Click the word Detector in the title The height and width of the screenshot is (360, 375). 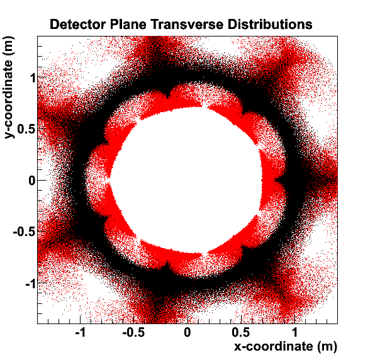(78, 25)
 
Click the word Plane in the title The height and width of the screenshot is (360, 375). (128, 25)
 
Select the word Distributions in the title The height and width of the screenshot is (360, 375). (270, 25)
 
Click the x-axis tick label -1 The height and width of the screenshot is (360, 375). (81, 332)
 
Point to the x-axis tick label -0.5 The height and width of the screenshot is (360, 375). (133, 332)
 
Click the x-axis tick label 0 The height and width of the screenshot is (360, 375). (187, 332)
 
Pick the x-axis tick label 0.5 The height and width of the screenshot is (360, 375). (241, 332)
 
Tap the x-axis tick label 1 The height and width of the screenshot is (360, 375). (294, 332)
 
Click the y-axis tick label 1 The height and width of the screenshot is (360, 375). (33, 77)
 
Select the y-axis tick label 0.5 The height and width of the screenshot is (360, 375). (26, 129)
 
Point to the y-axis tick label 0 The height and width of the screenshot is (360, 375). (32, 181)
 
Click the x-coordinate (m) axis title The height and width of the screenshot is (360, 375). (286, 346)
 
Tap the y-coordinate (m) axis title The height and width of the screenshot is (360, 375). (9, 87)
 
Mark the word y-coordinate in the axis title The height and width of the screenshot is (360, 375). (9, 99)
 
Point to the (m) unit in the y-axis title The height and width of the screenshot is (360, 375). (9, 47)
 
